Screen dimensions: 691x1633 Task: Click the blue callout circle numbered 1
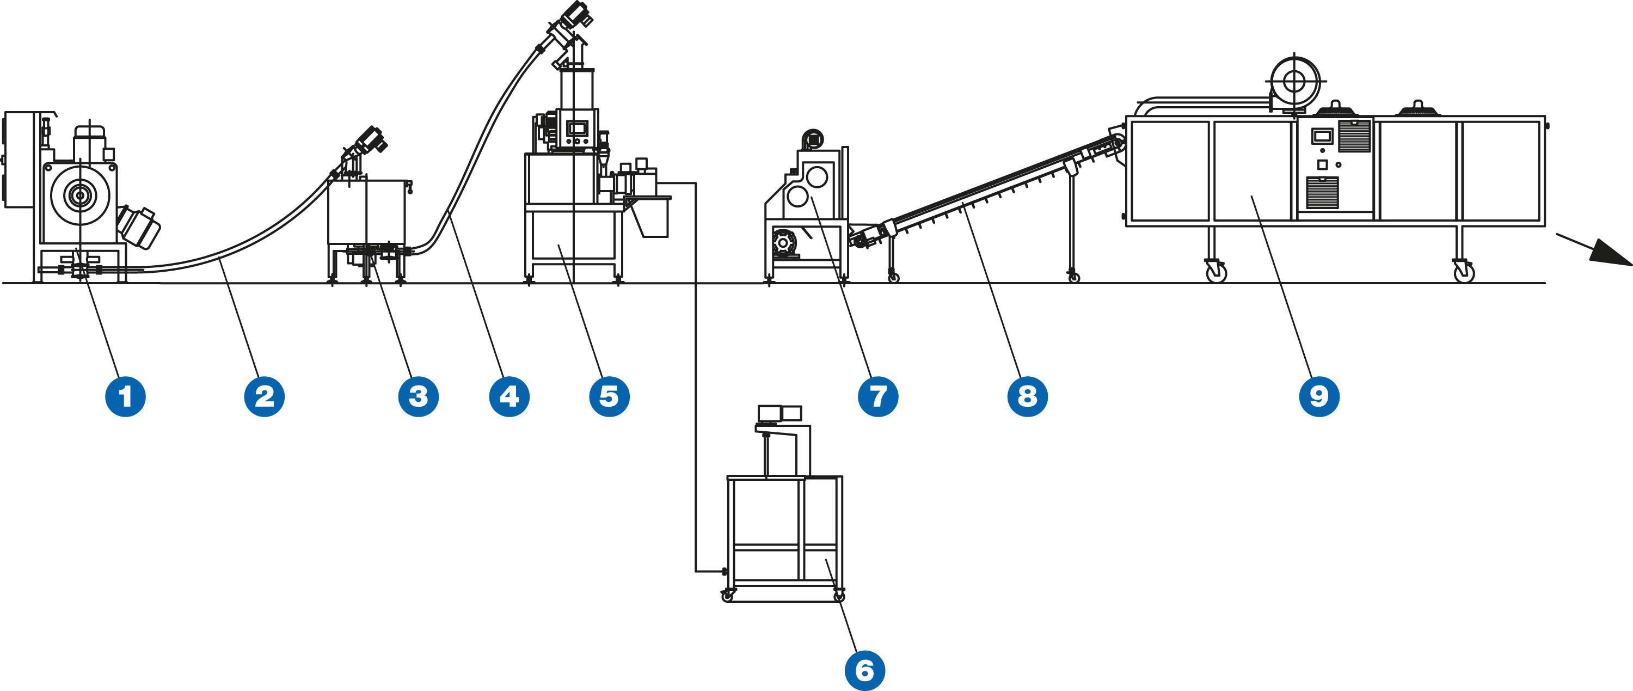[x=126, y=396]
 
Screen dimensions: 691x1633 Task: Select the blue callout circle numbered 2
[x=265, y=396]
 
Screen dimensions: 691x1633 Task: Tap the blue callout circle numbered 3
[x=419, y=396]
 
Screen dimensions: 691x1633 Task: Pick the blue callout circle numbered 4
[x=509, y=396]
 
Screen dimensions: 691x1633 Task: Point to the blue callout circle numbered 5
[x=609, y=396]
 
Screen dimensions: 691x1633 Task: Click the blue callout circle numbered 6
[x=865, y=670]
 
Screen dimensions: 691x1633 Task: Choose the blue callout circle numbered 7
[x=878, y=396]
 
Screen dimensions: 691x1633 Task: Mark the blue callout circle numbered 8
[x=1028, y=396]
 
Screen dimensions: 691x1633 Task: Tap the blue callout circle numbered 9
[x=1319, y=396]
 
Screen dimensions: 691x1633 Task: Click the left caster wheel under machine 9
[x=1216, y=273]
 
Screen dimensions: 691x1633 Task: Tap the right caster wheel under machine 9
[x=1464, y=273]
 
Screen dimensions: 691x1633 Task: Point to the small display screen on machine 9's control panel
[x=1322, y=136]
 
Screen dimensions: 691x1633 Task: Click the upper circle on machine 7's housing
[x=816, y=175]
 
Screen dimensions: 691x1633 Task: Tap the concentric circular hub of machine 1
[x=79, y=196]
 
